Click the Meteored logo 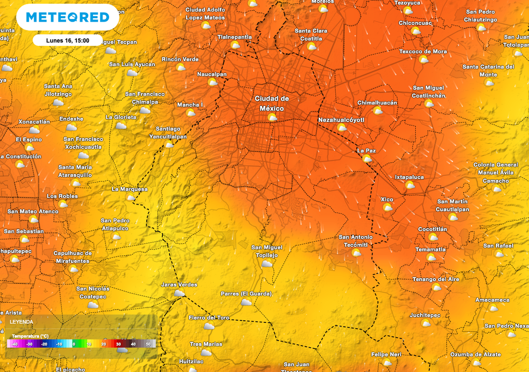click(x=68, y=18)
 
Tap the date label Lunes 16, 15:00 click(x=68, y=40)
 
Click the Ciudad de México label click(x=272, y=103)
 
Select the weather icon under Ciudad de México click(x=272, y=118)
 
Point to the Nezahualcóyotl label click(x=341, y=120)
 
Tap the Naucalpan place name click(x=212, y=74)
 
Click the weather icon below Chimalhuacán click(x=378, y=111)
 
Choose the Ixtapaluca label click(x=409, y=177)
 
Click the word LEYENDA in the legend click(x=22, y=322)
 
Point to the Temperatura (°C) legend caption click(x=30, y=336)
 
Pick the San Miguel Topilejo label click(x=267, y=251)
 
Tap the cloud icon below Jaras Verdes click(x=179, y=293)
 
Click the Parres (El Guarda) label click(x=246, y=294)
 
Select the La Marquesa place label click(x=130, y=189)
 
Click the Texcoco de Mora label click(x=423, y=52)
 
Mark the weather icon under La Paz click(x=367, y=159)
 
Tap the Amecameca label click(x=492, y=300)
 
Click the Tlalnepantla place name click(x=235, y=37)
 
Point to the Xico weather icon click(x=387, y=207)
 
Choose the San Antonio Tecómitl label click(x=355, y=241)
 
